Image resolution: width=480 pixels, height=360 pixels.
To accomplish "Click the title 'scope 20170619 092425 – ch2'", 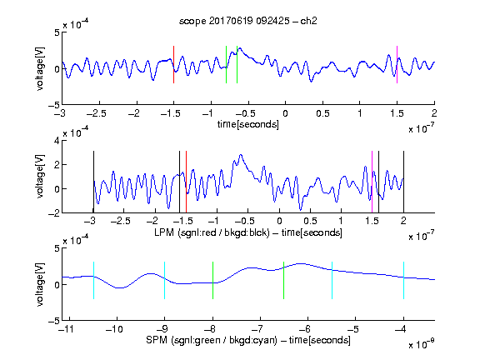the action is tap(248, 21).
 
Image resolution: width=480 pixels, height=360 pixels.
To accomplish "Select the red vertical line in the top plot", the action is tap(173, 65).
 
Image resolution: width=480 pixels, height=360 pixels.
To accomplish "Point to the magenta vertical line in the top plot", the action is tap(397, 65).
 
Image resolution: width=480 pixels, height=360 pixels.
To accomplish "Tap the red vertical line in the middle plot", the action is tap(186, 182).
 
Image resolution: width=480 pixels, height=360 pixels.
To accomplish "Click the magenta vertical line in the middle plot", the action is tap(372, 182).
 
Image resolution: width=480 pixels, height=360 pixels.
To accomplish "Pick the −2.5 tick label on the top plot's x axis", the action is tap(97, 113).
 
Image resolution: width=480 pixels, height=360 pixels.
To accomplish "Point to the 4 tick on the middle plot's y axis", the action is tap(57, 141).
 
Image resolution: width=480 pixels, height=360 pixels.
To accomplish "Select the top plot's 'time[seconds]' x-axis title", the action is tap(248, 124).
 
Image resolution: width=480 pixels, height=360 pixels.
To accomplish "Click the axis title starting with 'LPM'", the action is tap(248, 232).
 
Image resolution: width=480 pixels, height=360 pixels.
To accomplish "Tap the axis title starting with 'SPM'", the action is tap(248, 340).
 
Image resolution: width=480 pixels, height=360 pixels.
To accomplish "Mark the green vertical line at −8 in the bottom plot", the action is tap(212, 280).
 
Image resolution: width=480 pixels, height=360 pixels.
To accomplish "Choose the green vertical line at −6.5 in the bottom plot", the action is tap(284, 280).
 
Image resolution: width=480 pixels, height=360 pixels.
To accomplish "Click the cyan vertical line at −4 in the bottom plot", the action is tap(404, 280).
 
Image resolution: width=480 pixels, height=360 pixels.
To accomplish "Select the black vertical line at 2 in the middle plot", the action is tap(404, 182).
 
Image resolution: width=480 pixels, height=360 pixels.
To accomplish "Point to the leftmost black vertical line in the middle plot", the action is tap(93, 182).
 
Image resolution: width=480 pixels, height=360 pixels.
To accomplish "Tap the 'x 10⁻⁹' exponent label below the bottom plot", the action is tap(422, 344).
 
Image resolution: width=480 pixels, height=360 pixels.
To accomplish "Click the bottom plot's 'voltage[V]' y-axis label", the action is tap(40, 284).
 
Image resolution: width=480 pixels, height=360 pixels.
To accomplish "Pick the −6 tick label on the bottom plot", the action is tap(304, 329).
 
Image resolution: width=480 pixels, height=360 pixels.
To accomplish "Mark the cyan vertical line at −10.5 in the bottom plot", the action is tap(93, 280).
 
